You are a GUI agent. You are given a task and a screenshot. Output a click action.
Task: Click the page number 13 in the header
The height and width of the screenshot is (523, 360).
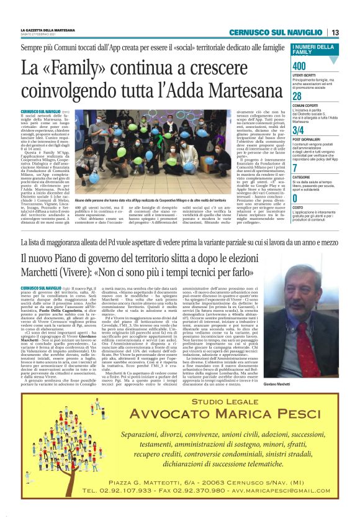[335, 32]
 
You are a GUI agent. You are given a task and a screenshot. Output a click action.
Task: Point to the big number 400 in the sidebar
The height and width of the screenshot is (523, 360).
[299, 66]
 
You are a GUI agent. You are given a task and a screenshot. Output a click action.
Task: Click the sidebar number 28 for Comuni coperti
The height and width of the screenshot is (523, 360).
[297, 96]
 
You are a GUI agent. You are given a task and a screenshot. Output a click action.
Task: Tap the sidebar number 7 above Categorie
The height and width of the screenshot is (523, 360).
[294, 168]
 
